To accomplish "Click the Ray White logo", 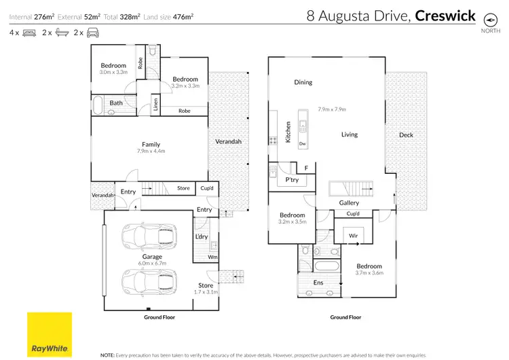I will [x=50, y=334].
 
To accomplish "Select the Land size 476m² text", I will [x=170, y=15].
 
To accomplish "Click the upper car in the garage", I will [x=147, y=238].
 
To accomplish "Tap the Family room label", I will [x=151, y=144].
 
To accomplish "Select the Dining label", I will [x=303, y=82].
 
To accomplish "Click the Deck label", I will [x=406, y=135].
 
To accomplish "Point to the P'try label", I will [x=292, y=180].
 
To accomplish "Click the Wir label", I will [x=354, y=236].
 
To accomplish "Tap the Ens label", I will [x=318, y=282].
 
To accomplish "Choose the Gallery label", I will [x=349, y=202].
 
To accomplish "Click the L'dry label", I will [x=201, y=236].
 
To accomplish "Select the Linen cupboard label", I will [x=155, y=104].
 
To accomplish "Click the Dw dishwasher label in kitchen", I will [x=301, y=143].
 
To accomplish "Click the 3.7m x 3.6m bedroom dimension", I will [x=370, y=273].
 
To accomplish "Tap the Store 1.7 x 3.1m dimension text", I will [x=206, y=292].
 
